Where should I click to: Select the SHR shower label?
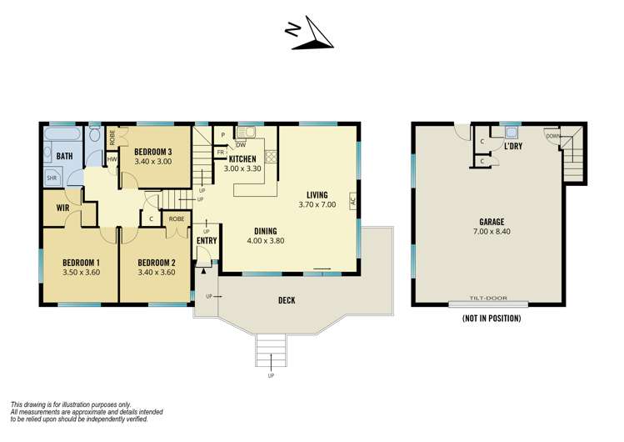pos(52,178)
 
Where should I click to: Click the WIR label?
pos(62,208)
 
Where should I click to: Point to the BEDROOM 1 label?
pos(81,260)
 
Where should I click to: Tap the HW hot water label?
pos(111,159)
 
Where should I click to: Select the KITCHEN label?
pos(242,158)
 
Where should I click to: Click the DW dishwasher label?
pos(240,144)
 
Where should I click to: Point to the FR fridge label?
pos(220,153)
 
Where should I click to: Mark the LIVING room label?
pos(317,194)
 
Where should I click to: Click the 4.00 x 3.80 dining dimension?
pos(266,242)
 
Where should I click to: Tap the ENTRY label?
pos(207,241)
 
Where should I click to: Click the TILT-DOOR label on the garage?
pos(487,299)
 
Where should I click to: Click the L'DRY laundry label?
pos(513,146)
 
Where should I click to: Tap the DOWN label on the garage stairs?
pos(552,136)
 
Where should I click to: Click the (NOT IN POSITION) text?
pos(491,318)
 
